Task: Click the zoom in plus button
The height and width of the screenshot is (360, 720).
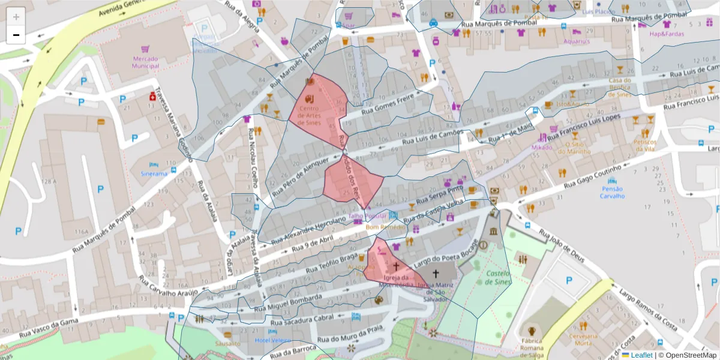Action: coord(16,17)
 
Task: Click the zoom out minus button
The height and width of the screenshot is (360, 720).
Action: coord(16,35)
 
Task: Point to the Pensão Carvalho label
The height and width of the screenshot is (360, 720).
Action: coord(612,192)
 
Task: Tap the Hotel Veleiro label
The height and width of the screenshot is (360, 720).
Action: coord(273,341)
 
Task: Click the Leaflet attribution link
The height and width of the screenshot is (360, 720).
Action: coord(641,355)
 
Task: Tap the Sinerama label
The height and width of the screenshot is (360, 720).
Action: coord(154,173)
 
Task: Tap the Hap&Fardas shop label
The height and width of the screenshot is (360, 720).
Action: coord(666,34)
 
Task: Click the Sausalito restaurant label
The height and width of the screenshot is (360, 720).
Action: coord(227,344)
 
